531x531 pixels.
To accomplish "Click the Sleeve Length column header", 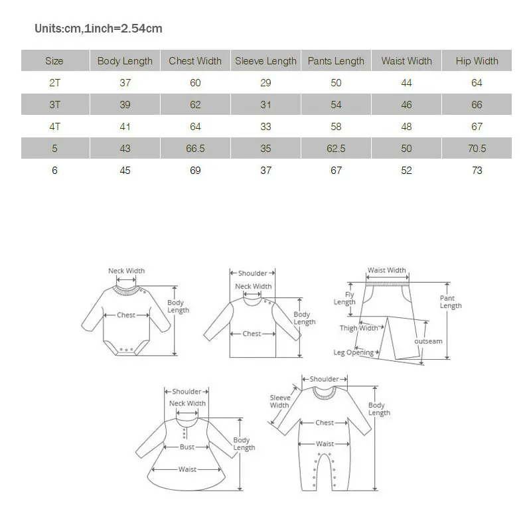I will pos(265,61).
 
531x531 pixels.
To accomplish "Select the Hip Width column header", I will pos(477,61).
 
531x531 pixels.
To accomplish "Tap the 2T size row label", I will pos(54,83).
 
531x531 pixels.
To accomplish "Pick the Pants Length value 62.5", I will pos(336,149).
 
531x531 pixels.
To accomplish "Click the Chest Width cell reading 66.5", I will pos(195,149).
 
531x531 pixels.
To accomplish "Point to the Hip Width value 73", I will pos(477,171).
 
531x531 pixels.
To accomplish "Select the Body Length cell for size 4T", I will pos(125,127).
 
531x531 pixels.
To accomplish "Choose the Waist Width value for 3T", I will pos(406,105).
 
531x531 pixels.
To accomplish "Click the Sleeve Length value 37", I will pos(265,171).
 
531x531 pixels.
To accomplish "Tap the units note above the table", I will pos(98,29).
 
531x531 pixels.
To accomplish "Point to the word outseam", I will pos(428,341).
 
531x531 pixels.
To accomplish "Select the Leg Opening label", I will pos(353,352).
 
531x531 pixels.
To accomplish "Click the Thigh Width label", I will pos(358,328).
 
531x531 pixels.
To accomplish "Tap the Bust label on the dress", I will pos(187,447).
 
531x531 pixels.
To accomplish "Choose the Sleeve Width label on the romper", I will pos(279,402).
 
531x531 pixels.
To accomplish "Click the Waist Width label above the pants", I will pos(386,270).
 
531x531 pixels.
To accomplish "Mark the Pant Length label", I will pos(450,302).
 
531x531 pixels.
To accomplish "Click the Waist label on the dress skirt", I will pos(187,469).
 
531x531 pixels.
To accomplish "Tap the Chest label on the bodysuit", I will pos(126,315).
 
